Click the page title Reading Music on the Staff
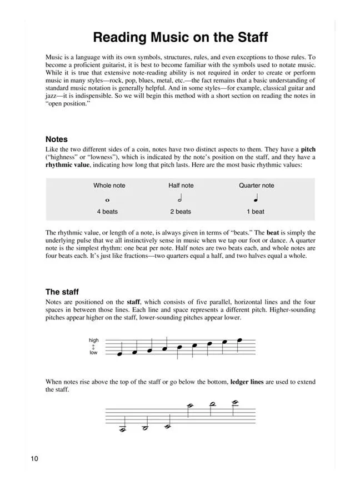(180, 38)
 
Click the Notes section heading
(57, 139)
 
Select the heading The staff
(62, 292)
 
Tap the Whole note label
(109, 186)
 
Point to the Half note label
(181, 186)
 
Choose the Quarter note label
(256, 186)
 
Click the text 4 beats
(107, 212)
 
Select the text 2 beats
(181, 212)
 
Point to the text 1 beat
(256, 212)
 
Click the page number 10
(35, 459)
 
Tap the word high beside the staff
(93, 340)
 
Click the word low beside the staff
(93, 353)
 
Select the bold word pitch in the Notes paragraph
(308, 149)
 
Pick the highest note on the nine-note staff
(239, 340)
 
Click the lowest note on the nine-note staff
(120, 354)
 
